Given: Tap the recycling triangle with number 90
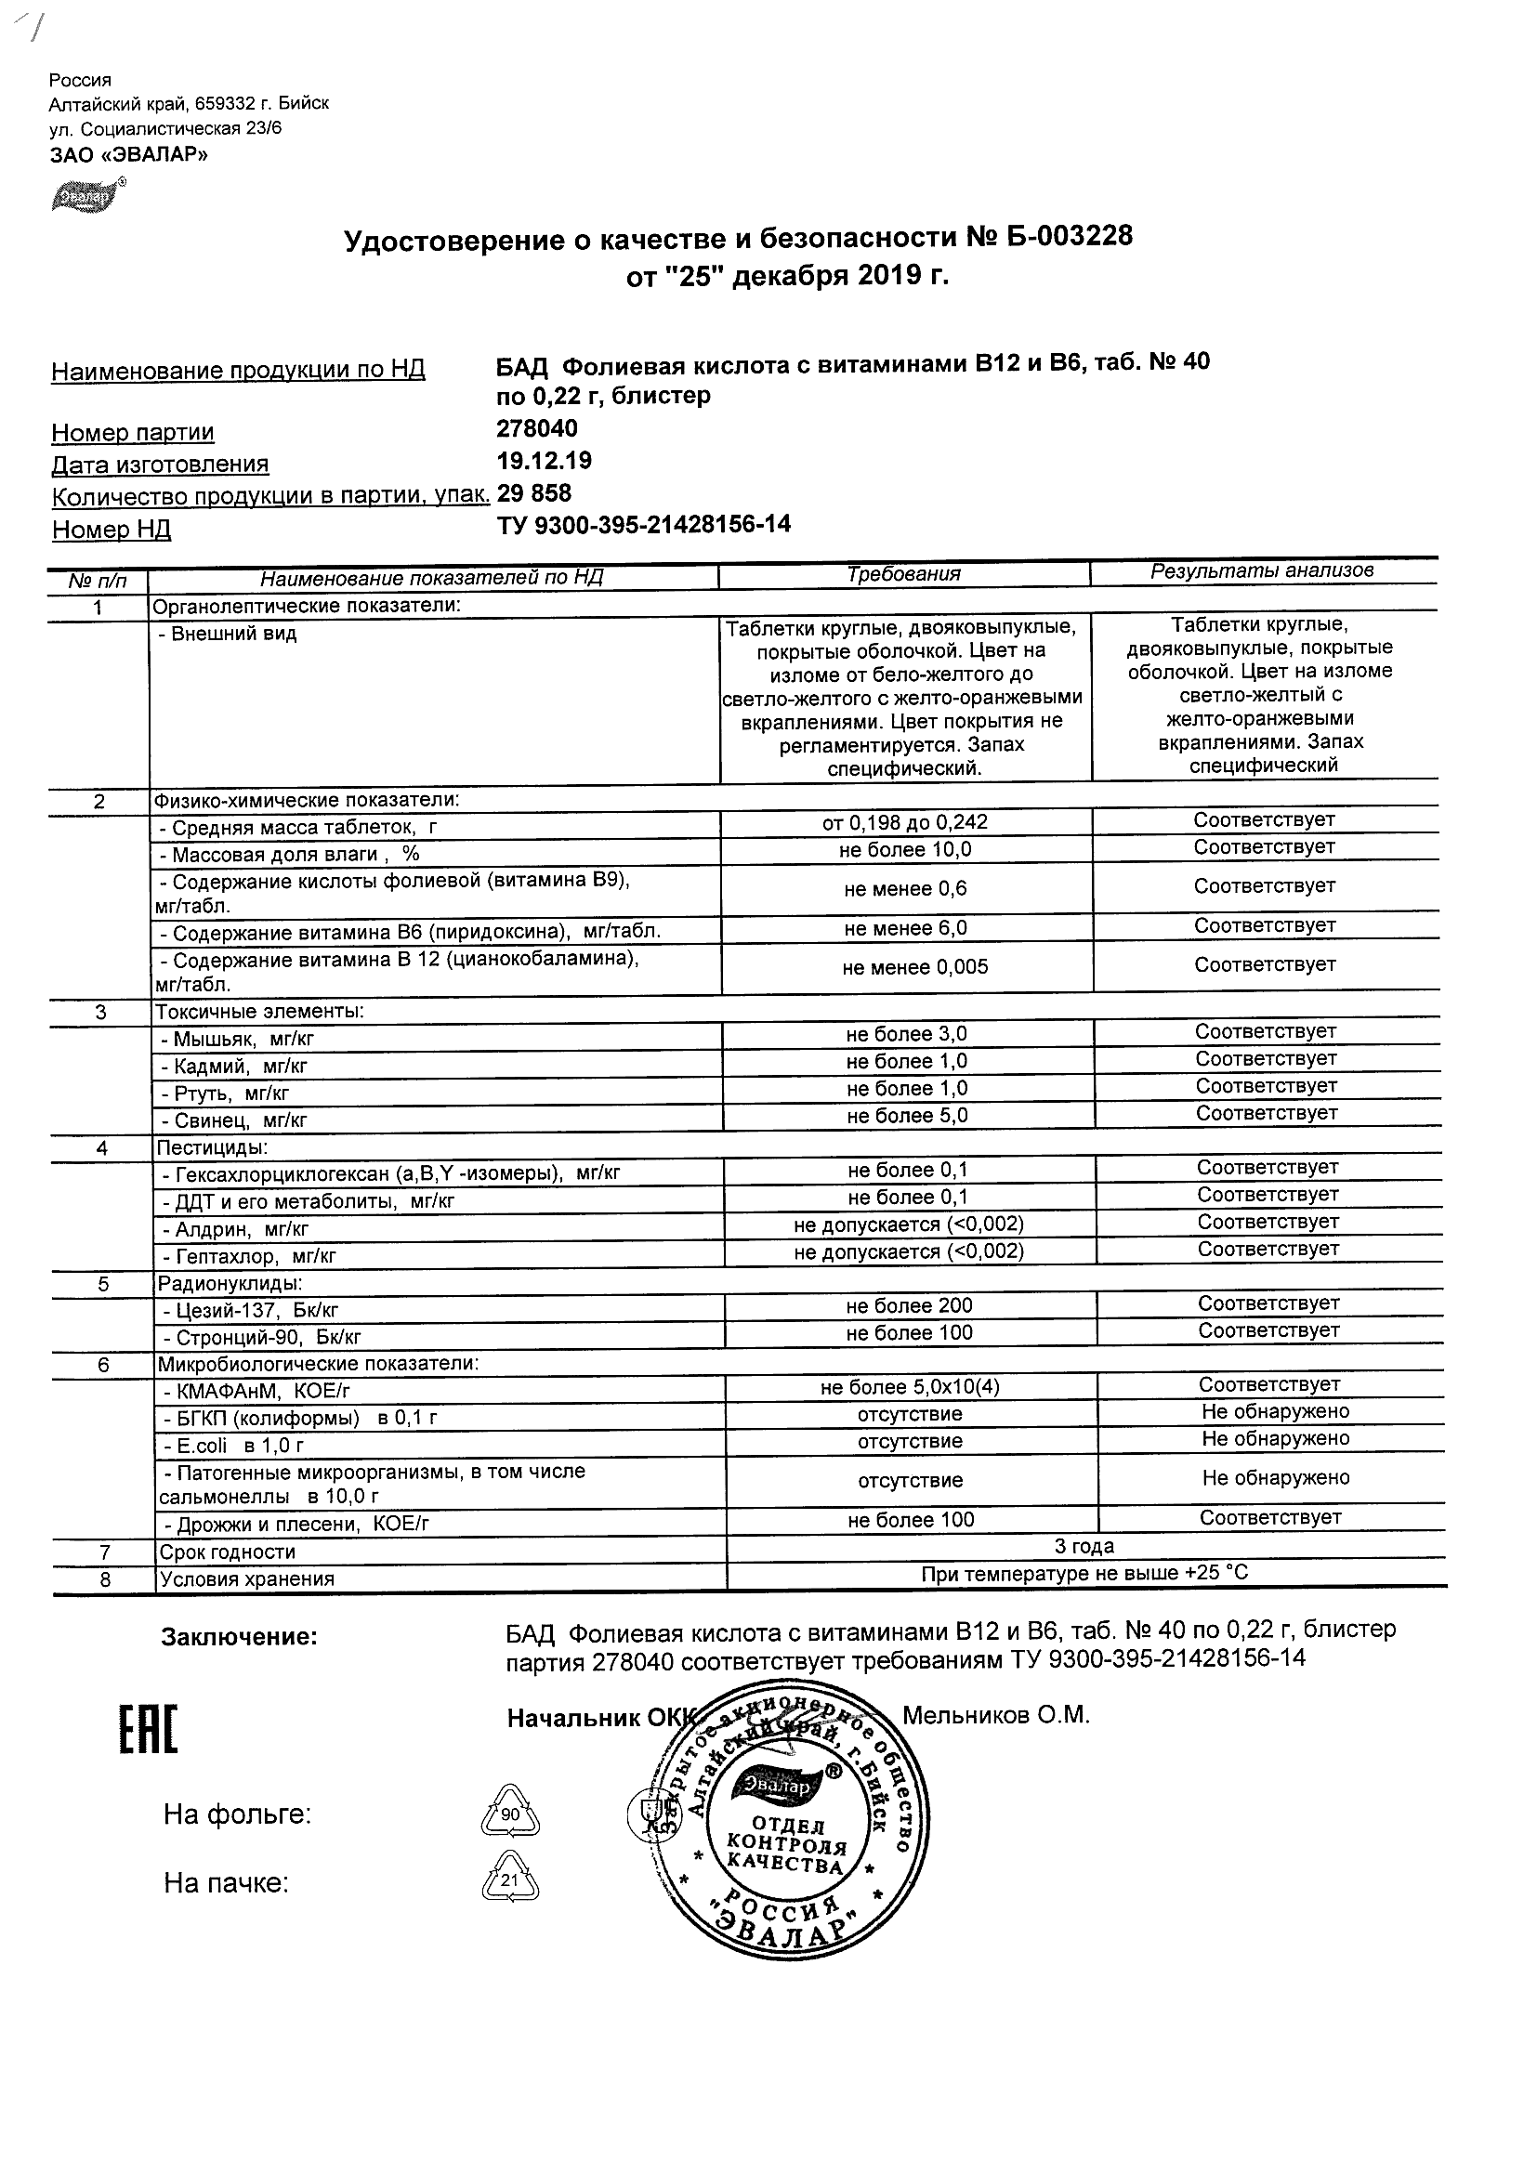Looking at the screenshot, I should tap(510, 1814).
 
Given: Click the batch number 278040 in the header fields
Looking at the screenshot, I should tap(537, 428).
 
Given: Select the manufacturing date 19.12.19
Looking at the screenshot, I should tap(544, 460).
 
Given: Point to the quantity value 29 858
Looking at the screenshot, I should tap(534, 492).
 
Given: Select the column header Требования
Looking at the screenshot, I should tap(903, 574).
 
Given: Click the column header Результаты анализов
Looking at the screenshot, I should tap(1261, 571).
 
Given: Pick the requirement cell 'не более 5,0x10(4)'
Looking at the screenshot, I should tap(910, 1387).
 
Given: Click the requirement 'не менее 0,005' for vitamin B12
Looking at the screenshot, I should tap(914, 967).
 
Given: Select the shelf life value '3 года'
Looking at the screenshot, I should tap(1084, 1546).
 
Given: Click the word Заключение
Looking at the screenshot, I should tap(240, 1637).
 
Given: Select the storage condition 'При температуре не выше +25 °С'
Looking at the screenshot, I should tap(1084, 1574).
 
